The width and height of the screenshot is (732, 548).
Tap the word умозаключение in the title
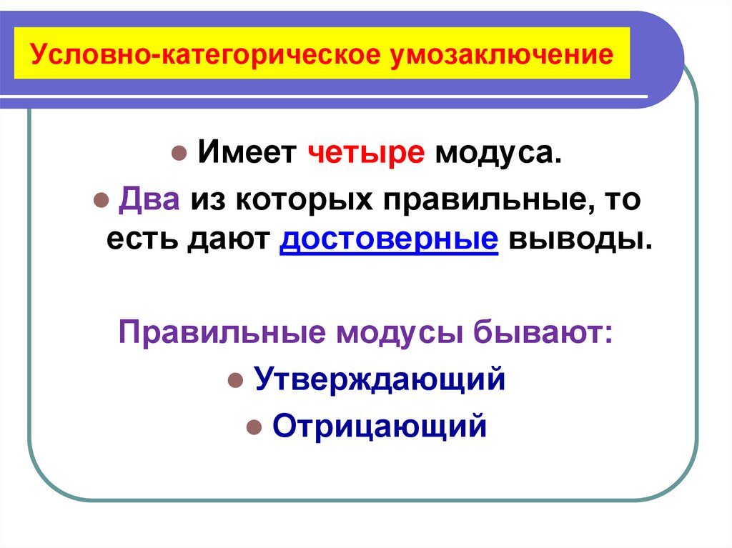click(x=500, y=55)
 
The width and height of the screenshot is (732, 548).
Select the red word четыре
click(x=367, y=154)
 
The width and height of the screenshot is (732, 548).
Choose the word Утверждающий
click(x=380, y=379)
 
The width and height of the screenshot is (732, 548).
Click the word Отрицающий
click(x=380, y=427)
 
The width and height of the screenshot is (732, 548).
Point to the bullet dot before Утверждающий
click(x=234, y=381)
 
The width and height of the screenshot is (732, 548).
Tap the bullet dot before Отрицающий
click(x=252, y=428)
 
